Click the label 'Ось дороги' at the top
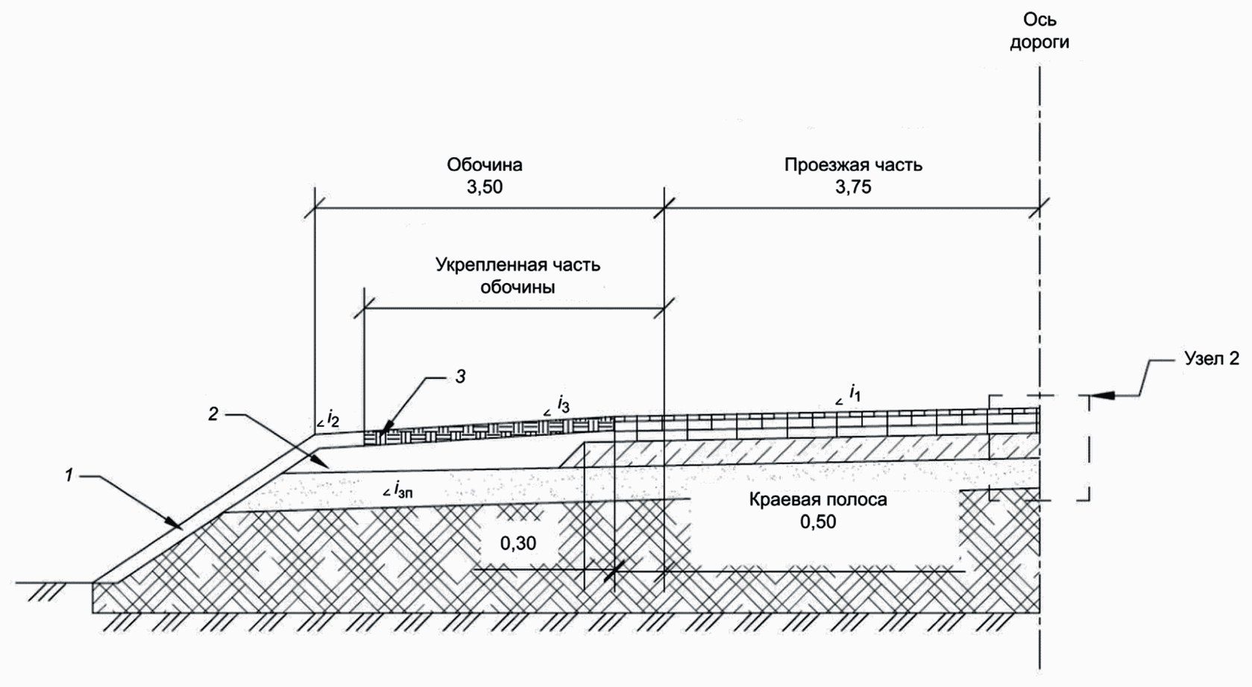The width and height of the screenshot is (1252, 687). click(x=1039, y=31)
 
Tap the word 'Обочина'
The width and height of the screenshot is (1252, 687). click(x=485, y=164)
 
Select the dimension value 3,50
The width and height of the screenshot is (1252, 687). click(x=485, y=188)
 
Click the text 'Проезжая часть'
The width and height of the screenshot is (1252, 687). click(x=853, y=165)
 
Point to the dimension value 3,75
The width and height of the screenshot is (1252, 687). click(x=853, y=188)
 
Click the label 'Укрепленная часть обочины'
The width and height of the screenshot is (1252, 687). click(x=518, y=276)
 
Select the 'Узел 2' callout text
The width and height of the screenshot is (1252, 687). click(x=1212, y=358)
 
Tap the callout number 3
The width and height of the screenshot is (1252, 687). click(x=461, y=377)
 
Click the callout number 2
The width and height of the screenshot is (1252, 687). click(x=213, y=415)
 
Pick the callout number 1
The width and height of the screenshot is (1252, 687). click(x=69, y=475)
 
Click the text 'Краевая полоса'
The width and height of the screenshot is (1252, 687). click(x=818, y=499)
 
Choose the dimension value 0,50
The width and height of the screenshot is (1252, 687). click(x=818, y=522)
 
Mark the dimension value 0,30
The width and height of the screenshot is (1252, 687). click(x=518, y=543)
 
